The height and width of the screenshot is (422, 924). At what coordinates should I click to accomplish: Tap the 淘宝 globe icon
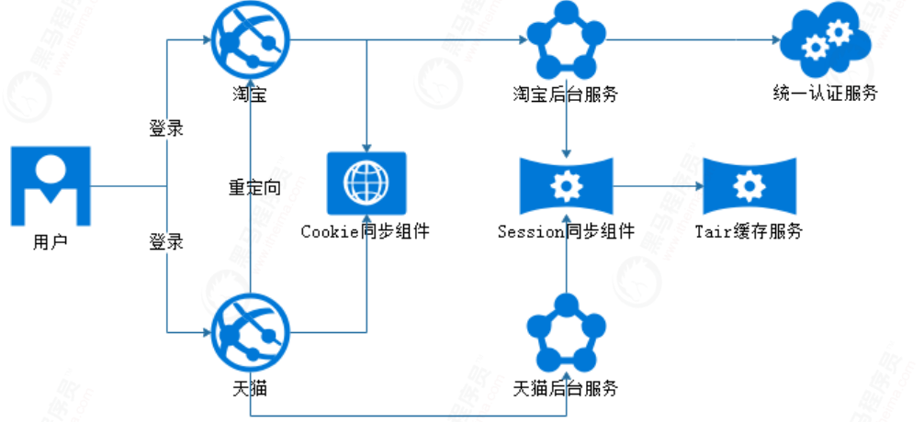[250, 40]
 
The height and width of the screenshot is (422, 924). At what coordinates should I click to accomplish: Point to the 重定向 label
[254, 188]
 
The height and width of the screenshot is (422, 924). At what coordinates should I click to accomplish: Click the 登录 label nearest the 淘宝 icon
[166, 128]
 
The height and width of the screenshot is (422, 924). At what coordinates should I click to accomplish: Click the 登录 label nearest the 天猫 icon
[166, 243]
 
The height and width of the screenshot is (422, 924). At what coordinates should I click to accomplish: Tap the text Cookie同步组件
[365, 232]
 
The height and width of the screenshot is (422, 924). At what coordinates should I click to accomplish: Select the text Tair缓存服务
[749, 232]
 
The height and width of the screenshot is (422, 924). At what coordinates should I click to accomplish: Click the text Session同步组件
[566, 232]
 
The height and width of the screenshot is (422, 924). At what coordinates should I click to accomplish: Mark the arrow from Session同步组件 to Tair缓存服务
[658, 187]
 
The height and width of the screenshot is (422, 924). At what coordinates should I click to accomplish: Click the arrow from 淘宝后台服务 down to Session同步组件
[566, 128]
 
